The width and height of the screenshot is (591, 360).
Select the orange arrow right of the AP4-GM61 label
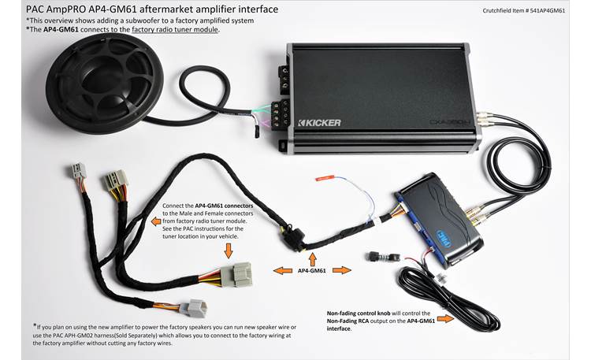(x=341, y=270)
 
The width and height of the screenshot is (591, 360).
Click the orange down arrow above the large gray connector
(x=229, y=250)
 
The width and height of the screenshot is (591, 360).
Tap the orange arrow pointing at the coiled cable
(x=444, y=319)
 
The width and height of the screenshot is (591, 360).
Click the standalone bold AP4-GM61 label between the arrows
(x=313, y=270)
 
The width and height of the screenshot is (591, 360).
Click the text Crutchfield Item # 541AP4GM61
(x=526, y=11)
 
